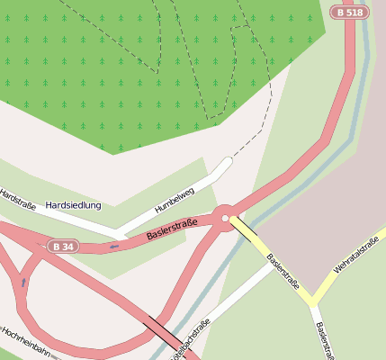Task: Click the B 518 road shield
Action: (x=348, y=12)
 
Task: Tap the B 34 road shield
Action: (x=63, y=246)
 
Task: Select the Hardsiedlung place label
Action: (x=73, y=205)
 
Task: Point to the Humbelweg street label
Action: (x=174, y=198)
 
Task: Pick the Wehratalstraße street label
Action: (x=355, y=256)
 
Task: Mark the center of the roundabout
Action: (x=223, y=217)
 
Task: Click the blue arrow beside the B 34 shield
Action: (x=113, y=246)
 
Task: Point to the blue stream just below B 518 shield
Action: (x=364, y=45)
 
